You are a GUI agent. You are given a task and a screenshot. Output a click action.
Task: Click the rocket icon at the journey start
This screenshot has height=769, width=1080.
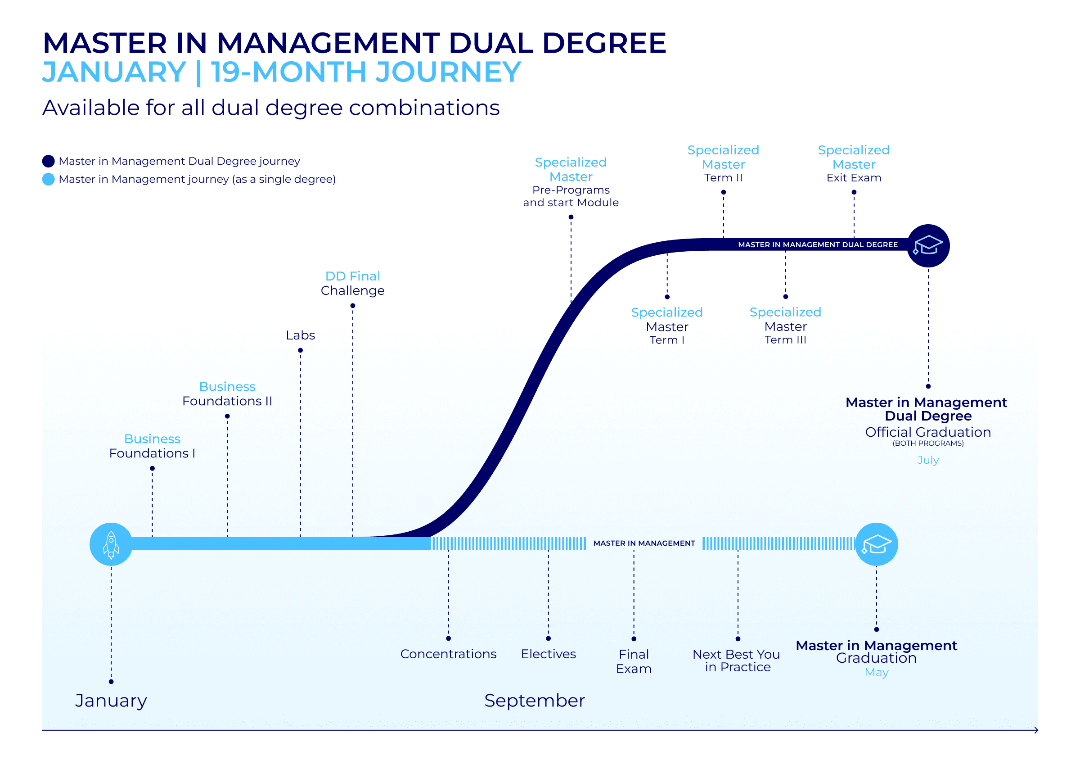click(111, 544)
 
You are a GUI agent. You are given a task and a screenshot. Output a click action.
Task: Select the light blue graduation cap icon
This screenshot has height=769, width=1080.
click(876, 544)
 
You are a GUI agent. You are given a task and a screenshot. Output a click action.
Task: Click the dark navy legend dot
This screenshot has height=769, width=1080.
click(48, 161)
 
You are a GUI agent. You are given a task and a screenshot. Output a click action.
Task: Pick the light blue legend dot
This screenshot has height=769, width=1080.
click(48, 179)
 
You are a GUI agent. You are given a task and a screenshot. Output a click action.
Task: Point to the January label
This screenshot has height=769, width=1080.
click(111, 701)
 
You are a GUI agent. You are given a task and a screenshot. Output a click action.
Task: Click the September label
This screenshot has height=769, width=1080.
click(534, 701)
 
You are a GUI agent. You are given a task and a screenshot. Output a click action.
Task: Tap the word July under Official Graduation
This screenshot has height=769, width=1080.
click(927, 460)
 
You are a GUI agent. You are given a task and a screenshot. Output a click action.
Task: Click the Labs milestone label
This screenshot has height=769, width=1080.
click(300, 335)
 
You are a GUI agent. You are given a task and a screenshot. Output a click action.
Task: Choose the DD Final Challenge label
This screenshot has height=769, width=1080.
click(353, 283)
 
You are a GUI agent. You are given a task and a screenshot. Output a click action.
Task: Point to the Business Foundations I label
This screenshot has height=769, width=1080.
click(152, 446)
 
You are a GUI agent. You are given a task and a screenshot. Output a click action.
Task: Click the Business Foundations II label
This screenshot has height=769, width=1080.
click(227, 394)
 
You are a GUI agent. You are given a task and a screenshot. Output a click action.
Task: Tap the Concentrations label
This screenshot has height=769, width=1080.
click(448, 654)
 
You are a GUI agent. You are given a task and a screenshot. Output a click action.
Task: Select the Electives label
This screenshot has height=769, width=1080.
click(548, 654)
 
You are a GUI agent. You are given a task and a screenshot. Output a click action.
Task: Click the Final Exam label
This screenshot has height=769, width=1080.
click(634, 661)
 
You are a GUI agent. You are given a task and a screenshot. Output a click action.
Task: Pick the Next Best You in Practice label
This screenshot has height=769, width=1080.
click(738, 660)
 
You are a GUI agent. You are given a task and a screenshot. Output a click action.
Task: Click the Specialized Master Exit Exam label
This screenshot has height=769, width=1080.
click(853, 164)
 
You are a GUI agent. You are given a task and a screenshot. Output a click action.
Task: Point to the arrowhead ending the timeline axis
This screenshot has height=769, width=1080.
click(1036, 730)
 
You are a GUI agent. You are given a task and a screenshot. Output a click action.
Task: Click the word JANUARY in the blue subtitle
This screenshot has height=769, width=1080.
click(114, 72)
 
